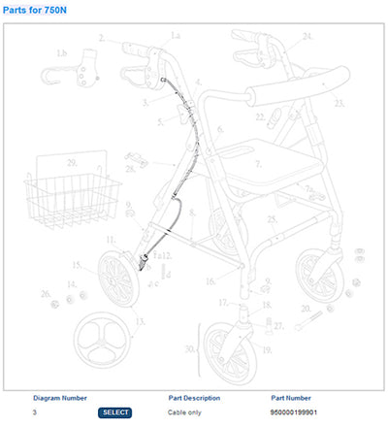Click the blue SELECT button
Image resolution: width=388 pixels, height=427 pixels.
[114, 412]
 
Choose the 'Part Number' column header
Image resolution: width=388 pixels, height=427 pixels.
[293, 398]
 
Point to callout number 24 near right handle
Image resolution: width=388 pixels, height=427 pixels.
[308, 36]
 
